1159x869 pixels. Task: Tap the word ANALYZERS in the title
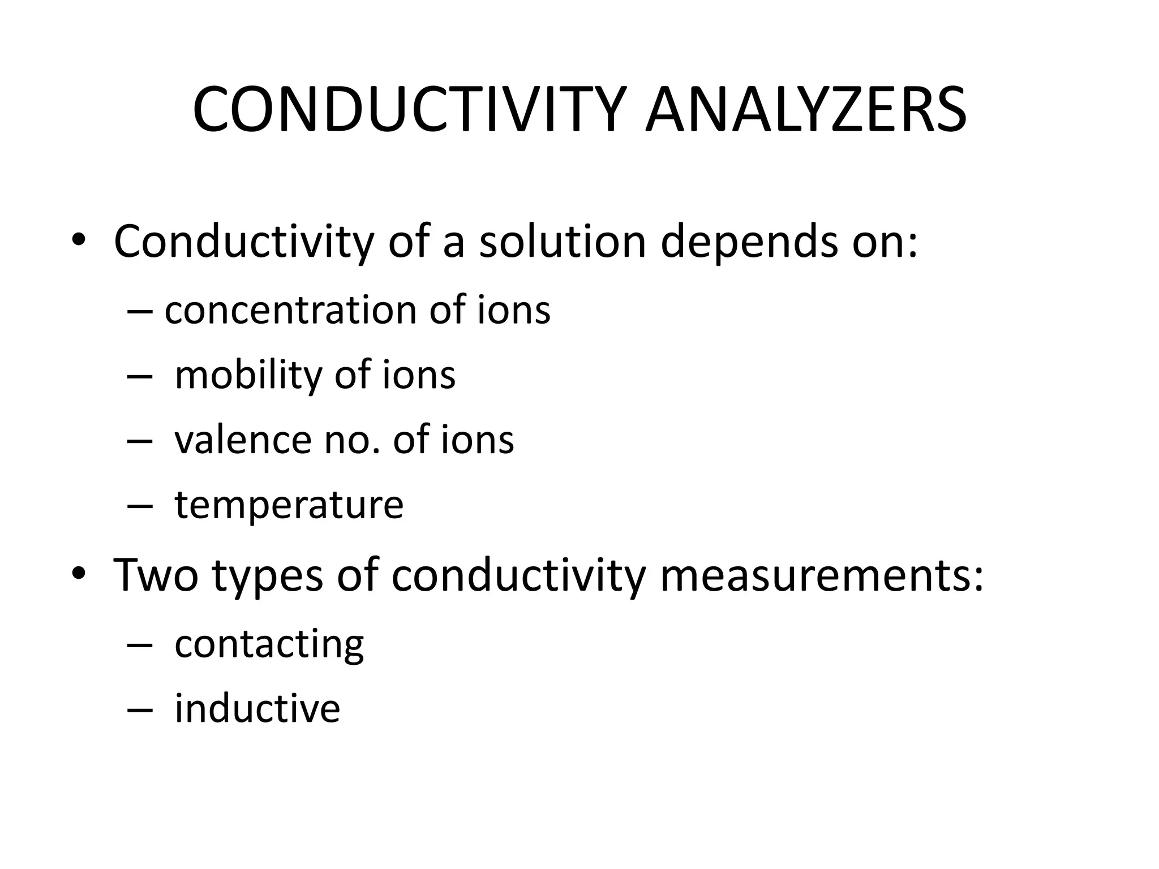point(806,110)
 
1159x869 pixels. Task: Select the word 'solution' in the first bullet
point(563,242)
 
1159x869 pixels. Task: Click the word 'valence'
point(243,440)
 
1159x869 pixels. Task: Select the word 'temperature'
point(289,505)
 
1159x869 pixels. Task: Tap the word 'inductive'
point(257,708)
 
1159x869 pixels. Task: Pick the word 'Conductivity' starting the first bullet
point(244,242)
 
